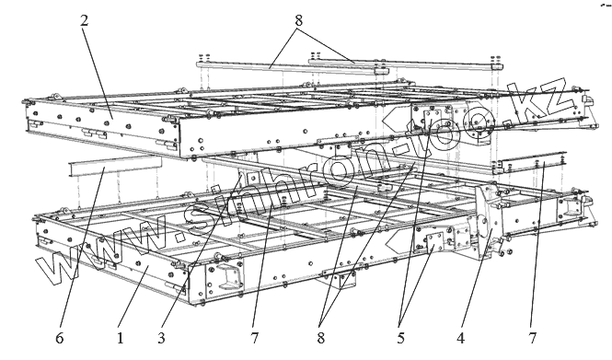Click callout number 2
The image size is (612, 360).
[85, 20]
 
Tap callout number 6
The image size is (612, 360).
[59, 338]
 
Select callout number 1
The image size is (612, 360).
[121, 338]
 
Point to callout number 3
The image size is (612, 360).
[162, 338]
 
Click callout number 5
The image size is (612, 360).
[401, 338]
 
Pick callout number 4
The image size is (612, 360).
[461, 338]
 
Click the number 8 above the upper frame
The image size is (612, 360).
[298, 20]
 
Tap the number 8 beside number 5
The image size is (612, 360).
[321, 338]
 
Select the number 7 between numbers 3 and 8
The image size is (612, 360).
[255, 338]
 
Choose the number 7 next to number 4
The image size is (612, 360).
[533, 338]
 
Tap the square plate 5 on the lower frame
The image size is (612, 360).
[434, 242]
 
